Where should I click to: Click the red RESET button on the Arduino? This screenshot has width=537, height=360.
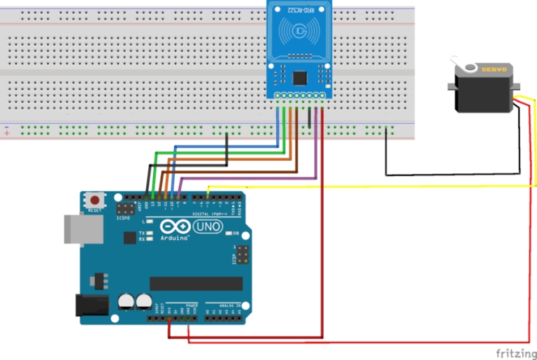[94, 199]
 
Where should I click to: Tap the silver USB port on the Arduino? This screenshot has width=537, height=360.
[78, 229]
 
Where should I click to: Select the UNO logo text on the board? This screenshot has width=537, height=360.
[209, 227]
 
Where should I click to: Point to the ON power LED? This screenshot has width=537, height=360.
[228, 233]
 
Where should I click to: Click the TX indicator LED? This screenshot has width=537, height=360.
[149, 233]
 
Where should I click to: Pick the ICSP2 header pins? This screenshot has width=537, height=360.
[126, 209]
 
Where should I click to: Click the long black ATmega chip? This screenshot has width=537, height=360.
[196, 283]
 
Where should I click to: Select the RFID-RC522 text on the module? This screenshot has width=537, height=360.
[300, 9]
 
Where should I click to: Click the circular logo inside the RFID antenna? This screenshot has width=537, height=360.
[300, 31]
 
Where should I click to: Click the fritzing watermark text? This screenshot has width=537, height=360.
[516, 353]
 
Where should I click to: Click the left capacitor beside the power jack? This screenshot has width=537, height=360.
[127, 301]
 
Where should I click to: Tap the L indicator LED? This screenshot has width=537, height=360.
[149, 221]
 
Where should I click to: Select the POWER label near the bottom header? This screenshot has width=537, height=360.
[192, 305]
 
